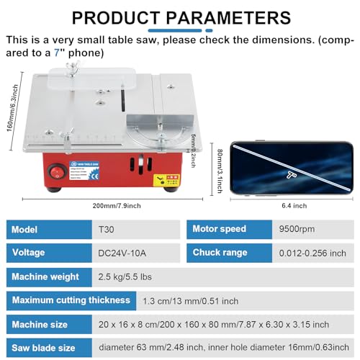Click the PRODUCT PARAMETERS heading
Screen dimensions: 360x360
(x=181, y=18)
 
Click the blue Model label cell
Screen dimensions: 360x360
(x=49, y=229)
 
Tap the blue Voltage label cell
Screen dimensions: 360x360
(x=49, y=253)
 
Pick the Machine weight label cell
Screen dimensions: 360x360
(x=49, y=276)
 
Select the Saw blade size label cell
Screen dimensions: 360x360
(x=49, y=347)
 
